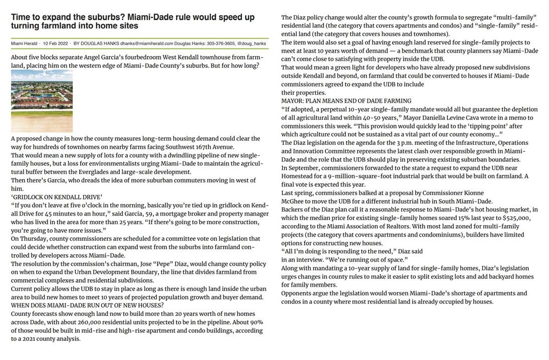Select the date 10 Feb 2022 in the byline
click(x=56, y=44)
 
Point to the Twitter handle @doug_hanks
click(x=252, y=44)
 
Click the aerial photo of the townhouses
click(x=42, y=101)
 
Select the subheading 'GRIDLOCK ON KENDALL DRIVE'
click(x=57, y=197)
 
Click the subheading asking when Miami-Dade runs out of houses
click(x=87, y=305)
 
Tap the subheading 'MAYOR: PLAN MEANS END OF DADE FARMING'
click(x=346, y=101)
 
